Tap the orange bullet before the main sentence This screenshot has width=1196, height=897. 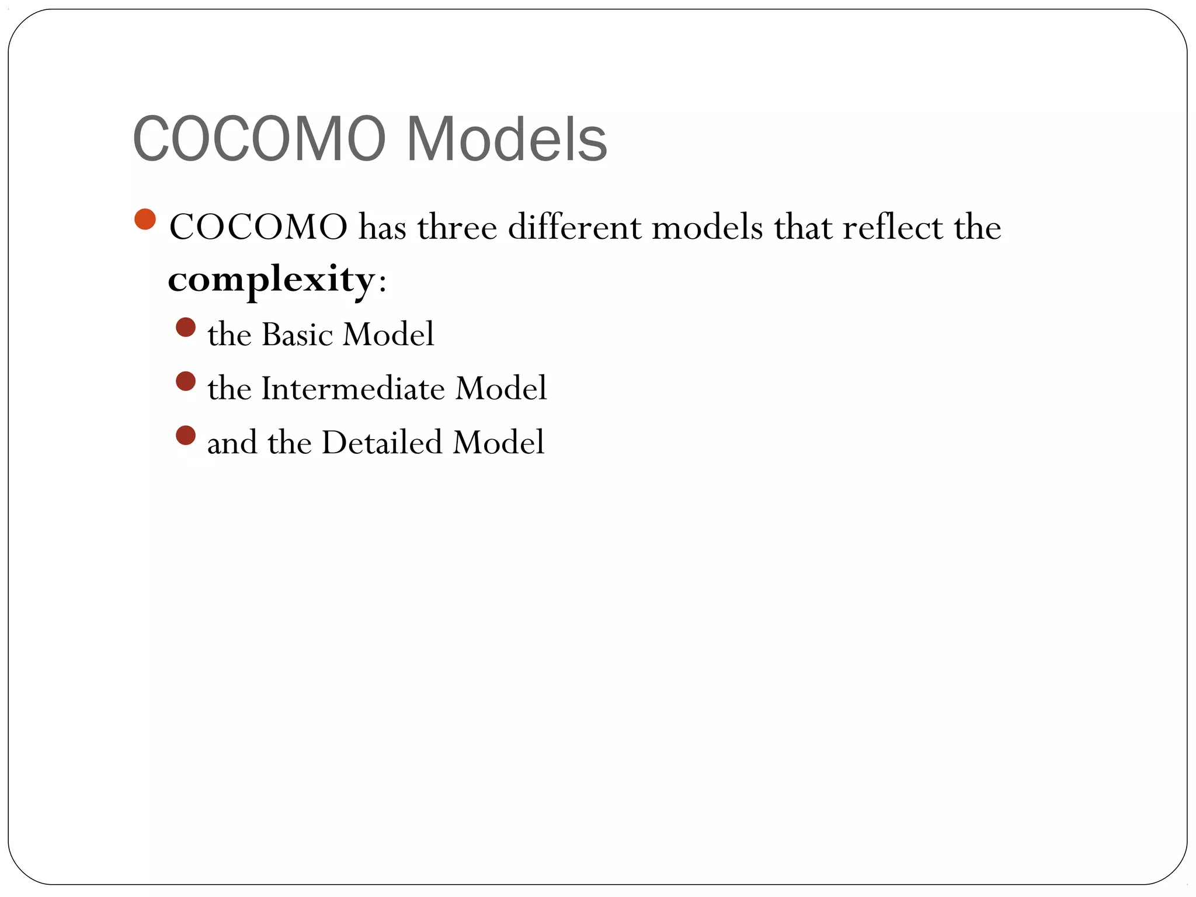point(145,220)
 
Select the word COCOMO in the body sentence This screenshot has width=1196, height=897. point(258,227)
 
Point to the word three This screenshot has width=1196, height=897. point(457,227)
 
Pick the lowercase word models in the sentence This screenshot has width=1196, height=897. point(707,227)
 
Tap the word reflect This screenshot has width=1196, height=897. point(892,227)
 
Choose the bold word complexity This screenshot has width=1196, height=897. point(271,280)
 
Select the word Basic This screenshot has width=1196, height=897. point(297,335)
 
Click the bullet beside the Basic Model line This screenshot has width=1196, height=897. point(186,327)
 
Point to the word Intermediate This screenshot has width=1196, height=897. point(353,388)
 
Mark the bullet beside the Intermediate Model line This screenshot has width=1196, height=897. point(186,381)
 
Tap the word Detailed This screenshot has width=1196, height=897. point(382,442)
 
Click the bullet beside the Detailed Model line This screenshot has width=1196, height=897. point(186,435)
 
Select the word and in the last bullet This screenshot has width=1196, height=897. point(232,443)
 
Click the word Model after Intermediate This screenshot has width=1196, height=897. point(501,388)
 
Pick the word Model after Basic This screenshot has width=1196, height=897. point(388,335)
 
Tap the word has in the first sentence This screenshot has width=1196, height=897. point(383,227)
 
